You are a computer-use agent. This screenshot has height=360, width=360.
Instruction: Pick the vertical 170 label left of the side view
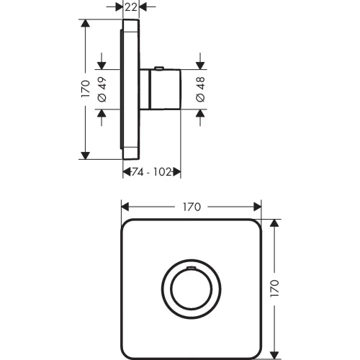[85, 89]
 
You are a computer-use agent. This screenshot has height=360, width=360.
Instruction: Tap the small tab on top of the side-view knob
[159, 68]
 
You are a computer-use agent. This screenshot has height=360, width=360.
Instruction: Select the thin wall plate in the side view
[131, 89]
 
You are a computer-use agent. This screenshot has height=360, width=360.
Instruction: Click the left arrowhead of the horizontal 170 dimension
[125, 206]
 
